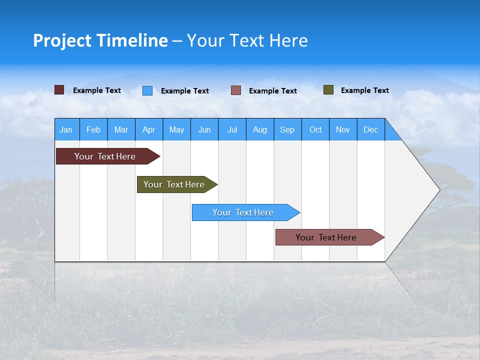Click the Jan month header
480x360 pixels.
pos(66,129)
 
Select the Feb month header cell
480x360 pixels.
pos(93,129)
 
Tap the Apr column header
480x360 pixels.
pos(149,129)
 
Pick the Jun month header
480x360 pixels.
pos(204,129)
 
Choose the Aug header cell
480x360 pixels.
pos(260,129)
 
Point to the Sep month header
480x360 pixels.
pos(287,129)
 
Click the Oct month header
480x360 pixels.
pos(315,129)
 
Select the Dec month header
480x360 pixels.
pos(371,129)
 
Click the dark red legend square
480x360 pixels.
pos(59,90)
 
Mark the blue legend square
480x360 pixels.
pos(147,90)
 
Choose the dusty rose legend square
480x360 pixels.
pos(236,90)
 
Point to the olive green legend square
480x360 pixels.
pos(328,90)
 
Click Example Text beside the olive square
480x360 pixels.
pos(364,90)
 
